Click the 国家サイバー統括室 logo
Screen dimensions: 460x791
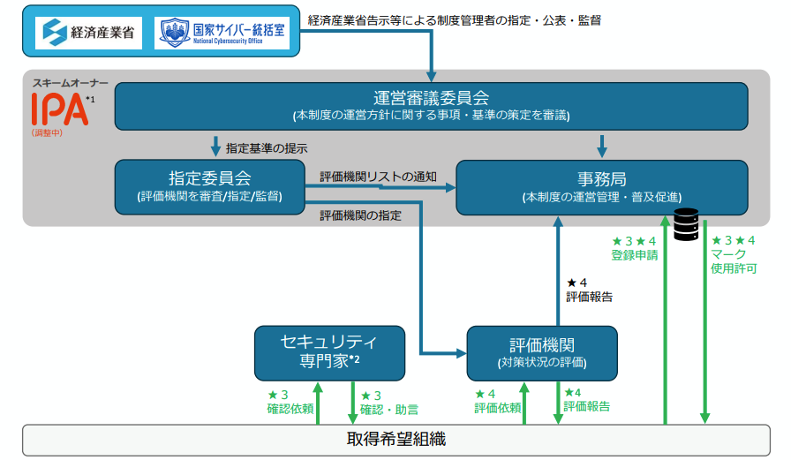coord(224,33)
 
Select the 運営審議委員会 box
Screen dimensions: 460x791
coord(431,105)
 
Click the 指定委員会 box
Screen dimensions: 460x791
coord(209,186)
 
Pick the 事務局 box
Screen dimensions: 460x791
coord(601,186)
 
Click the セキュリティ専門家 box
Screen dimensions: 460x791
coord(329,351)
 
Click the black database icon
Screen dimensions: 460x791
coord(687,224)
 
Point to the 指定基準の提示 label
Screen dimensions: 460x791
coord(267,148)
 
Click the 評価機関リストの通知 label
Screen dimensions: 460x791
coord(377,177)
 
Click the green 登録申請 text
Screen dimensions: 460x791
coord(634,255)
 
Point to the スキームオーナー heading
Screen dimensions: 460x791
coord(71,82)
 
